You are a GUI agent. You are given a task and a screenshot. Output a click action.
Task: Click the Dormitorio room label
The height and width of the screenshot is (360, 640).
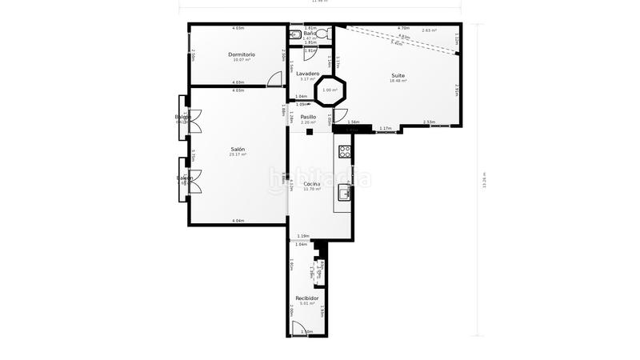point(238,54)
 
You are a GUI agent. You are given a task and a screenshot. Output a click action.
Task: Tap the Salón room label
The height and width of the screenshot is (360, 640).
point(238,150)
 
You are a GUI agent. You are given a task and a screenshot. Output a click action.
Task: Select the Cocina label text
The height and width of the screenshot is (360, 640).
point(312,184)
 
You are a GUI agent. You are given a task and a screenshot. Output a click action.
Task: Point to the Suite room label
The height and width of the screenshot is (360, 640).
point(398,76)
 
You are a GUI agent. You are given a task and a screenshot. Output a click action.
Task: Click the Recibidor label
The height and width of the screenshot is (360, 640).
point(307,298)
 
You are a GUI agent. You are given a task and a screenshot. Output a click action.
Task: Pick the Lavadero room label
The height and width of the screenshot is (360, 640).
point(308,74)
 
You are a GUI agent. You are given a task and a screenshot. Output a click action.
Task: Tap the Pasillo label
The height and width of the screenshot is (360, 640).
point(308,117)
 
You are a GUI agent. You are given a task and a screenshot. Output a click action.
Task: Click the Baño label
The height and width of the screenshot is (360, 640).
point(309,33)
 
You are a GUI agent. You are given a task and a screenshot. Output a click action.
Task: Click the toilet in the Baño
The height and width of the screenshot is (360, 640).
point(294,34)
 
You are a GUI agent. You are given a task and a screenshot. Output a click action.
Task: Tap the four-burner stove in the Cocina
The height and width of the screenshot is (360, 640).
point(345,150)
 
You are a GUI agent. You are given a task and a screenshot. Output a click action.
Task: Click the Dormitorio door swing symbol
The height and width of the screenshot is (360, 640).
point(275,79)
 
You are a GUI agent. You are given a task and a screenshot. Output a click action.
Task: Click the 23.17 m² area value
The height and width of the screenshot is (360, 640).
point(238,154)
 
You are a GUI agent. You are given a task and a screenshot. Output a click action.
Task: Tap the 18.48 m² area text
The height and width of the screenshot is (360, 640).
point(398,81)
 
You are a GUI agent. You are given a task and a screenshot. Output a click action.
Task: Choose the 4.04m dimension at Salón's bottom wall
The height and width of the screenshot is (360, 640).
point(238,221)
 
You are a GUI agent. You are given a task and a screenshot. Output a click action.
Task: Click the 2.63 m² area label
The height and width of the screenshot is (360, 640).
point(429,30)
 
